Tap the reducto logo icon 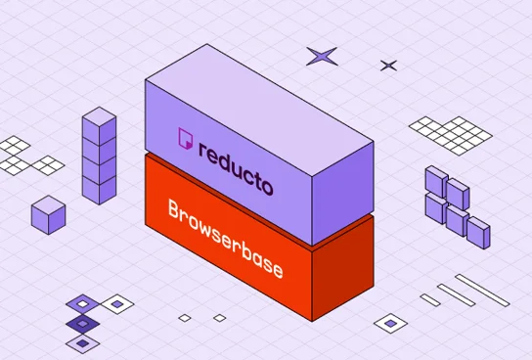click(x=183, y=140)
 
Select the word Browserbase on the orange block click(x=225, y=238)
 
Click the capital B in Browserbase click(x=175, y=210)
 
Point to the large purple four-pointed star click(x=322, y=56)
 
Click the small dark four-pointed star click(x=388, y=66)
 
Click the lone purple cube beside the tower click(x=48, y=214)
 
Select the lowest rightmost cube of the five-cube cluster click(x=477, y=232)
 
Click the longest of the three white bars click(x=482, y=290)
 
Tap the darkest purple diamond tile click(x=82, y=323)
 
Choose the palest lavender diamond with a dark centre click(x=82, y=341)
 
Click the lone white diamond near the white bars click(x=392, y=322)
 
